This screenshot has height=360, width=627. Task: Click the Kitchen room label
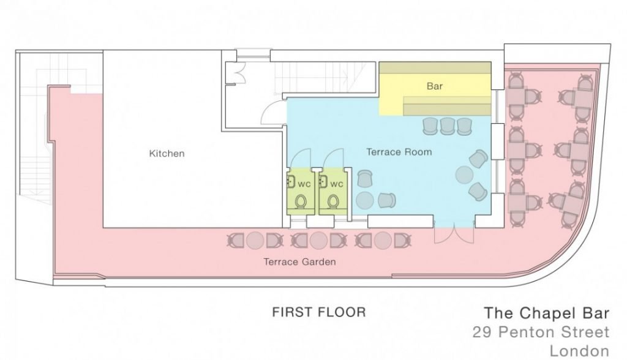[167, 154]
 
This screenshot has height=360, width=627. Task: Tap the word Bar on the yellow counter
[434, 86]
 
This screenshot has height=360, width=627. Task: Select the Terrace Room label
[399, 152]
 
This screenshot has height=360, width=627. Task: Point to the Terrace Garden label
[299, 261]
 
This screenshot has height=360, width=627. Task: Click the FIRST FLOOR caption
[318, 312]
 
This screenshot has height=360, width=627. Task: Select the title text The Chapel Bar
[547, 313]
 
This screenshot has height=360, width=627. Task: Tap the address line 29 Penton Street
[541, 332]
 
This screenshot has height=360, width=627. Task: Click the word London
[579, 351]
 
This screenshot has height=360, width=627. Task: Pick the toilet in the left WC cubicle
[301, 201]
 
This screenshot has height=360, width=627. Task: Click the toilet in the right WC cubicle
[333, 201]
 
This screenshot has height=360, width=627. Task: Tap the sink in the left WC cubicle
[291, 181]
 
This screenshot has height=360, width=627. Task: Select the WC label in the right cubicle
[337, 184]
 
